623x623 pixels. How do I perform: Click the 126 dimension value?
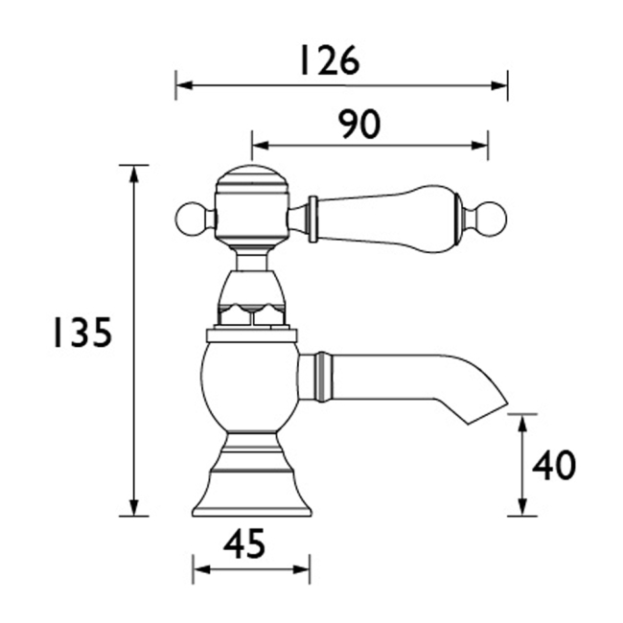330,60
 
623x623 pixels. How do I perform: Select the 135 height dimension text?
82,332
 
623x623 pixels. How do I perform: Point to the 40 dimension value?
553,465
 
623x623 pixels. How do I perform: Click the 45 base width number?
244,543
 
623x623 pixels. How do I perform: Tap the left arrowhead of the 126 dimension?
184,85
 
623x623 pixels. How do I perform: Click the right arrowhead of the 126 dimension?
499,85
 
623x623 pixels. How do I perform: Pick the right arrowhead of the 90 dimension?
479,146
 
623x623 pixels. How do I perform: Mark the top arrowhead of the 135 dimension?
134,173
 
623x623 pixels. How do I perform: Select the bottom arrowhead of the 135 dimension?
134,507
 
